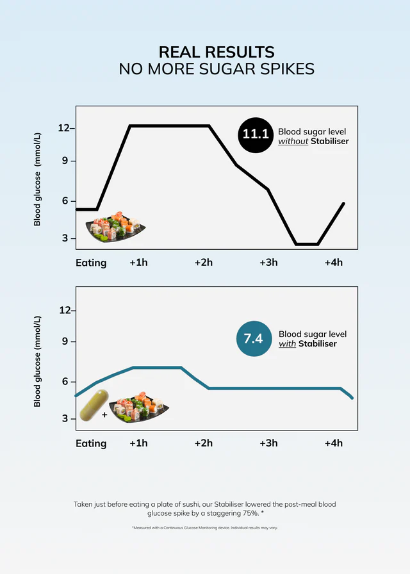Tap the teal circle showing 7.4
coord(254,338)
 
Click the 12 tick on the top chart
coord(63,128)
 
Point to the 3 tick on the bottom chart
coord(65,418)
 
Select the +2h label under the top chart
coord(203,262)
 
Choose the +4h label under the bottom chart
coord(333,443)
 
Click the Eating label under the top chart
coord(91,263)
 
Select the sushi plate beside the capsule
coord(138,409)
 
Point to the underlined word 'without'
coord(293,141)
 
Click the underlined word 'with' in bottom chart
coord(288,344)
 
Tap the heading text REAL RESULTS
coord(217,52)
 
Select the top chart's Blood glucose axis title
coord(37,180)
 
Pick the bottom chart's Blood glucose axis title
coord(37,361)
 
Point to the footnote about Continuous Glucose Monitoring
coord(205,528)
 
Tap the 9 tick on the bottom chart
coord(65,341)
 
